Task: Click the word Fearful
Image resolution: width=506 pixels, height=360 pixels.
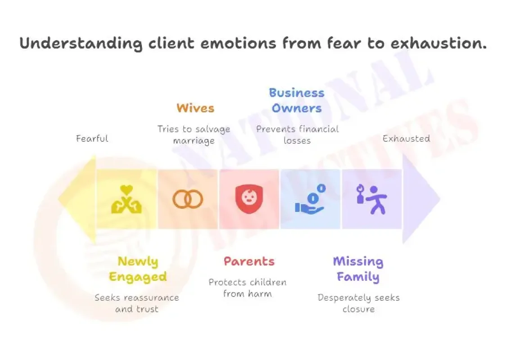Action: click(92, 139)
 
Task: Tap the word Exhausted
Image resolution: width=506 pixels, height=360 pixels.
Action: click(406, 139)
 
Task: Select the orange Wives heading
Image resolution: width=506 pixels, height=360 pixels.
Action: click(195, 108)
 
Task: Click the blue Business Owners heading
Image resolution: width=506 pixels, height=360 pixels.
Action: click(297, 100)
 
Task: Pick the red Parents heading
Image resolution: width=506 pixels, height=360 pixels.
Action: click(249, 261)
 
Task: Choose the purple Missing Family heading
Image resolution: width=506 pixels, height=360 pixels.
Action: click(358, 269)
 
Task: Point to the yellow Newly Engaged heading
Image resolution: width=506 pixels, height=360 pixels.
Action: click(138, 269)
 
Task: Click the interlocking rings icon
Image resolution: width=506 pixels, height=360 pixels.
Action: click(188, 199)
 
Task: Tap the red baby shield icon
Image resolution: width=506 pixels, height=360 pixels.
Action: click(249, 199)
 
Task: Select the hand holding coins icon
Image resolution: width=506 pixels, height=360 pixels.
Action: click(310, 199)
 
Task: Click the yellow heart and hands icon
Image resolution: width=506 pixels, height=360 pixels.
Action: click(126, 199)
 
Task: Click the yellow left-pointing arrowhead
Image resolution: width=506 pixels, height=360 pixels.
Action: click(77, 199)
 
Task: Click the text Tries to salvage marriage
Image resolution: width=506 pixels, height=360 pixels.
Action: click(194, 135)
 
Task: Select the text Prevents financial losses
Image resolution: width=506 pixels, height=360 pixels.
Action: click(297, 135)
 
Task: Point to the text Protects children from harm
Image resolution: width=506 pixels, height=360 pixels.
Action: click(248, 288)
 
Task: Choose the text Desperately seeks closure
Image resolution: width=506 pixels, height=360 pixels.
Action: click(358, 303)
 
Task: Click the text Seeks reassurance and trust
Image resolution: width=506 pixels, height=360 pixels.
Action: click(137, 303)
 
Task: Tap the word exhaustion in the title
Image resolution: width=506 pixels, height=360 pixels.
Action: click(439, 43)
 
